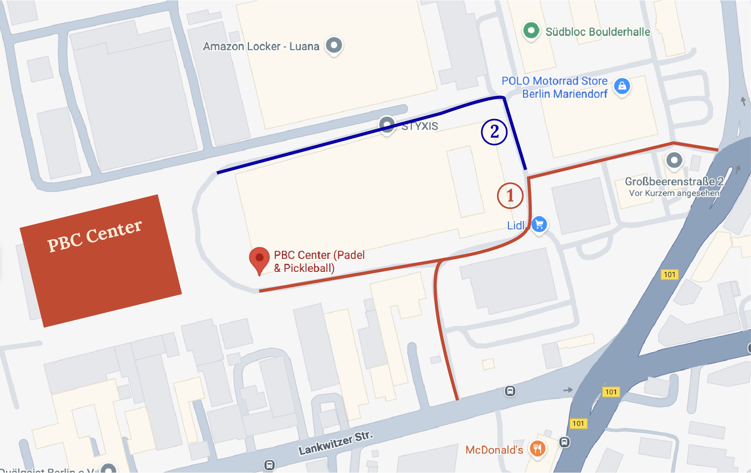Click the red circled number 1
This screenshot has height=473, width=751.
(x=510, y=196)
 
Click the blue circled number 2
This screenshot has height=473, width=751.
(x=494, y=132)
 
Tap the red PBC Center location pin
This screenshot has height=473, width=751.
(x=259, y=258)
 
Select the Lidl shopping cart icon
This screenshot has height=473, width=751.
(x=539, y=224)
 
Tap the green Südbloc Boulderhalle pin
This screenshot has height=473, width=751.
(x=531, y=31)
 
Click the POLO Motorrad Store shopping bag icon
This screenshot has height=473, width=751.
(x=622, y=86)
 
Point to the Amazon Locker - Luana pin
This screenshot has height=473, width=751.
(x=334, y=45)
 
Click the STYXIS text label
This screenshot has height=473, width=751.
(x=420, y=126)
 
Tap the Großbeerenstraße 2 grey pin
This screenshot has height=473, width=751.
(x=674, y=160)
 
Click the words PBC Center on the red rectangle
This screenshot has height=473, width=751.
(x=94, y=236)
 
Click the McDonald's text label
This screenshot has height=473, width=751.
(x=494, y=450)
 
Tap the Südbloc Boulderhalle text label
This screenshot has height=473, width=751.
(x=598, y=32)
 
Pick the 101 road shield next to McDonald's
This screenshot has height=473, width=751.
(x=578, y=423)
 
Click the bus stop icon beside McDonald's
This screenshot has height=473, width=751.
(x=564, y=442)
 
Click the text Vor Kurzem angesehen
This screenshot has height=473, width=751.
(x=674, y=193)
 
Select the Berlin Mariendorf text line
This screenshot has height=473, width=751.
(x=565, y=94)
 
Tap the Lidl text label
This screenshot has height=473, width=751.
(x=515, y=226)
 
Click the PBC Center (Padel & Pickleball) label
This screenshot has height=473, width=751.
(x=319, y=261)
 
